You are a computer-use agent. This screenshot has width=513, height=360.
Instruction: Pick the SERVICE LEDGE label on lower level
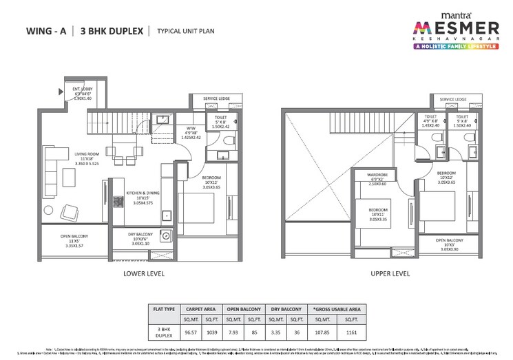(x=216, y=99)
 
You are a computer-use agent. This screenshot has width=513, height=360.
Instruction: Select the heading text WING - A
(x=46, y=31)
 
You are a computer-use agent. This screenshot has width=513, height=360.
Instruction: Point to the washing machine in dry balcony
(x=167, y=237)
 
